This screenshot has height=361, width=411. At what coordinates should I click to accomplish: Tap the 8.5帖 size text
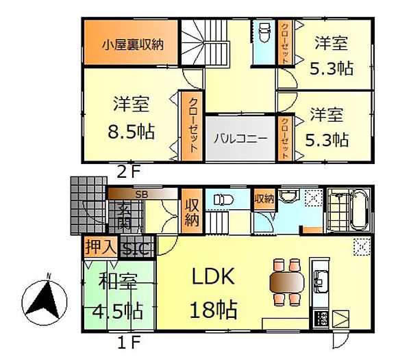[132, 131]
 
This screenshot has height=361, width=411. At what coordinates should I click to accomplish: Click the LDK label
[212, 278]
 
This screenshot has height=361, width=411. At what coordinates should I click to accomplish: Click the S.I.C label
[138, 247]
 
